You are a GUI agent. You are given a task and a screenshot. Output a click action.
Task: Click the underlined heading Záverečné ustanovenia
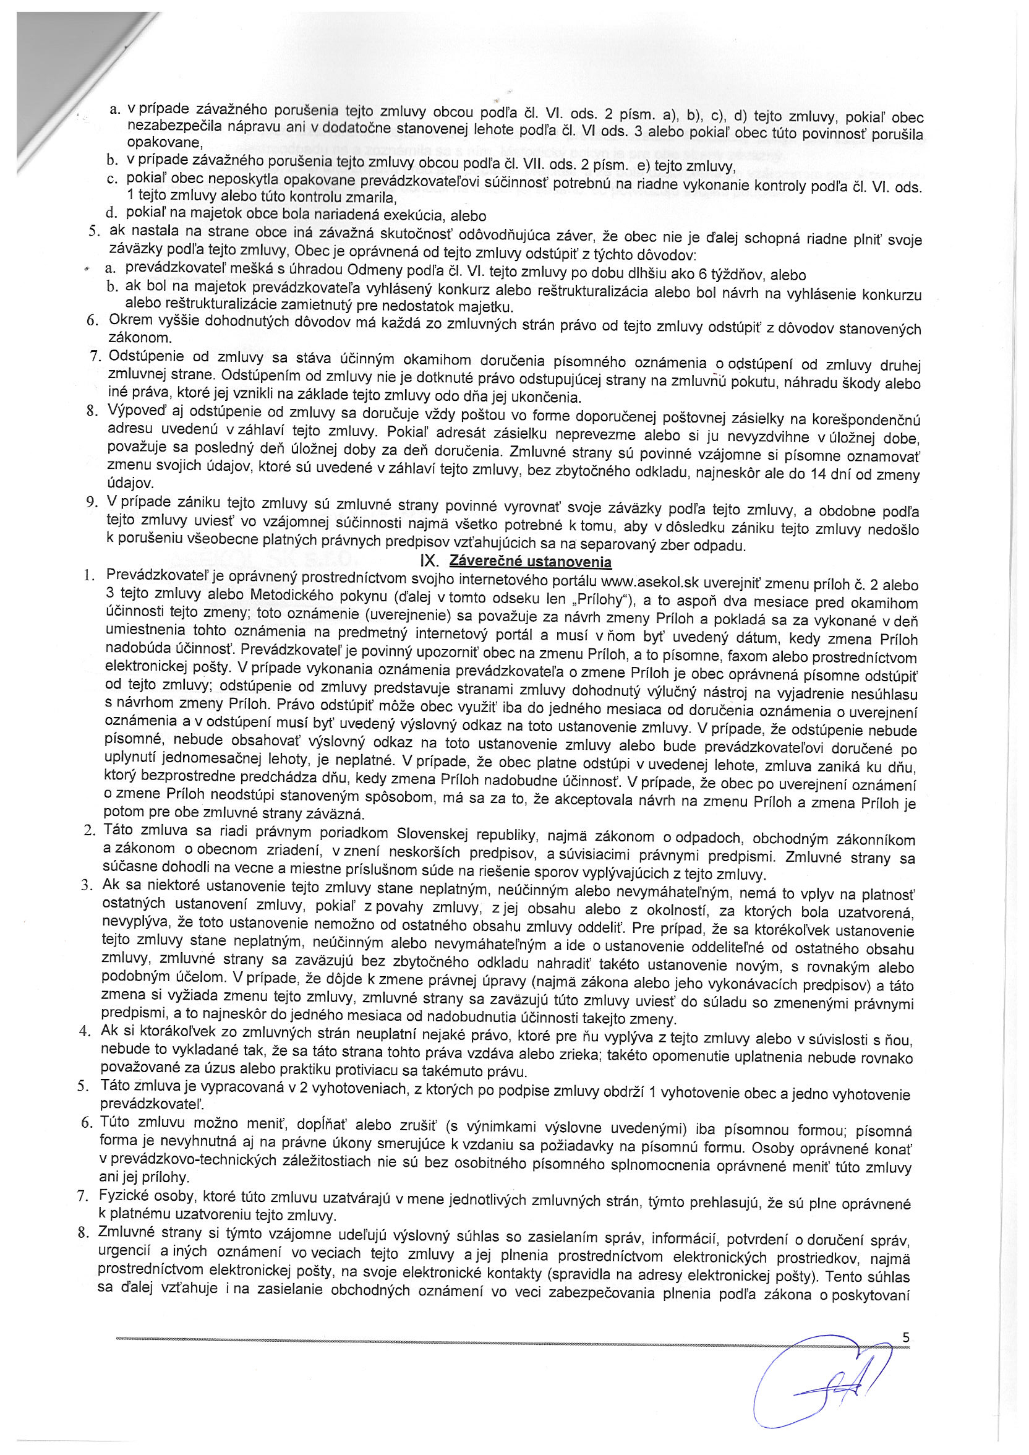[x=530, y=562]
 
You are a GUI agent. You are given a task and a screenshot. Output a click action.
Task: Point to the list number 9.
[x=92, y=502]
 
